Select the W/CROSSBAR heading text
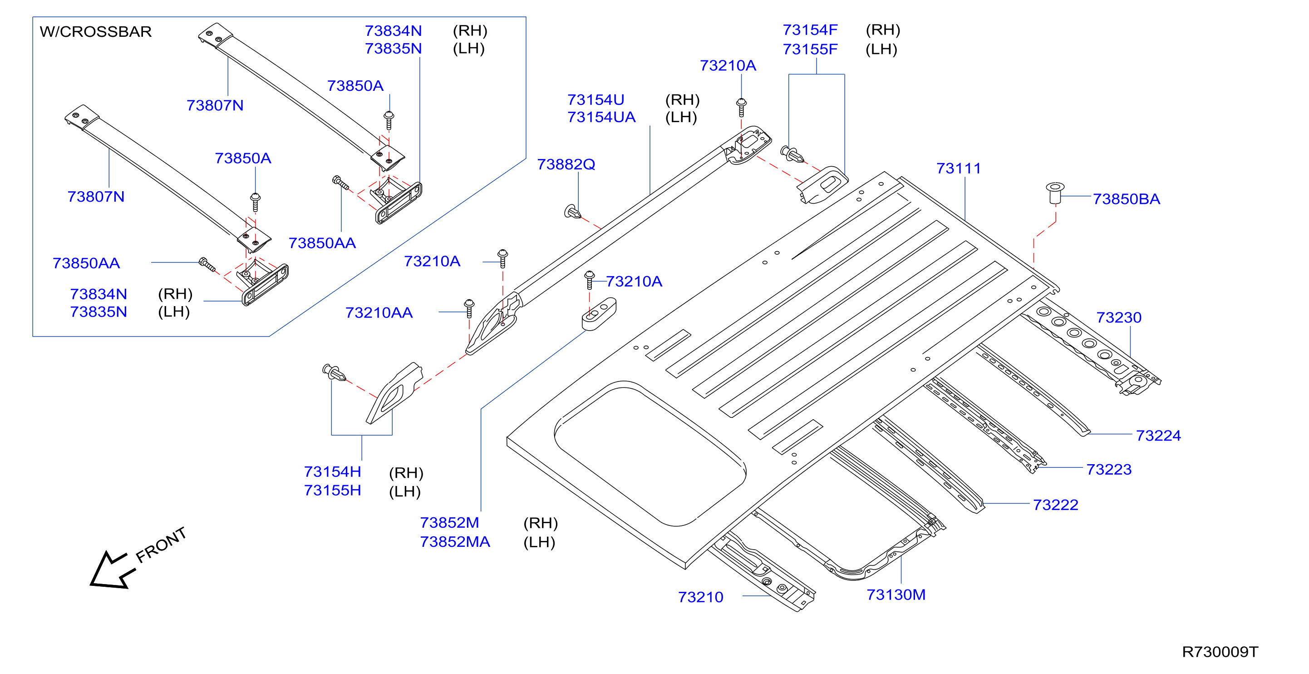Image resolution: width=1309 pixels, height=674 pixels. (95, 31)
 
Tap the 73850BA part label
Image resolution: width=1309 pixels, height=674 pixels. (1127, 199)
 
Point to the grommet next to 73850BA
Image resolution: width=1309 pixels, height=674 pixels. (1055, 193)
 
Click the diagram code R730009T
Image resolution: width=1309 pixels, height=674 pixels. (1220, 652)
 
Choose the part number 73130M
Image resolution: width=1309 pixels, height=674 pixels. (896, 595)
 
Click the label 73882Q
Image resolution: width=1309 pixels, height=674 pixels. (566, 164)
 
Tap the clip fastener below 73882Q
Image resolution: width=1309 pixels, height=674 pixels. (573, 212)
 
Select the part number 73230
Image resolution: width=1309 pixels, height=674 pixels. (1119, 317)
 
